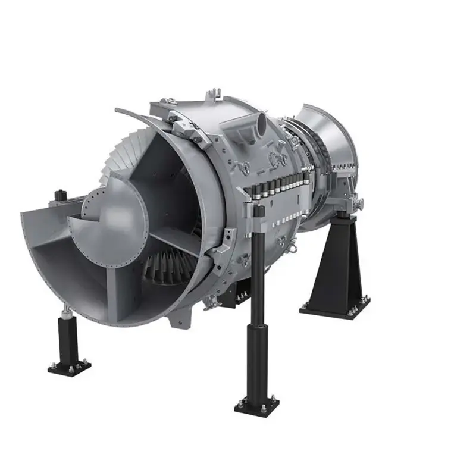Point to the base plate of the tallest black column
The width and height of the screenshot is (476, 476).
pyautogui.click(x=256, y=406)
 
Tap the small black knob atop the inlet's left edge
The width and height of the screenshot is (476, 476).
pyautogui.click(x=59, y=194)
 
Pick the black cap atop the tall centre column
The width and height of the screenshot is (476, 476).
pyautogui.click(x=257, y=209)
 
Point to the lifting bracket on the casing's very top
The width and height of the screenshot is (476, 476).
pyautogui.click(x=212, y=95)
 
